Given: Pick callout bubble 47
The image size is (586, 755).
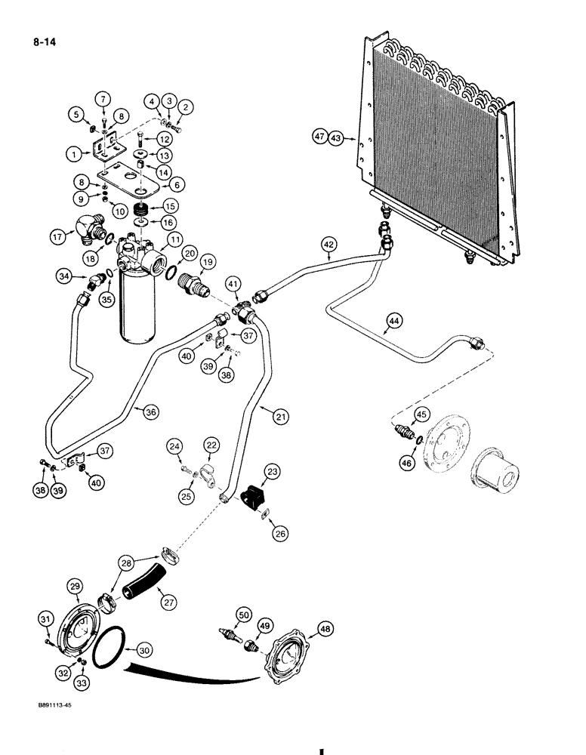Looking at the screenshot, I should (x=320, y=137).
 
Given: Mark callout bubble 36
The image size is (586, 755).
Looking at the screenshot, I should (x=151, y=411).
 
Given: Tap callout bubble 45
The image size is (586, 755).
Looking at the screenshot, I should (x=421, y=413).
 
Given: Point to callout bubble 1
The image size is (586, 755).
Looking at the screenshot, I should (x=73, y=153).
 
